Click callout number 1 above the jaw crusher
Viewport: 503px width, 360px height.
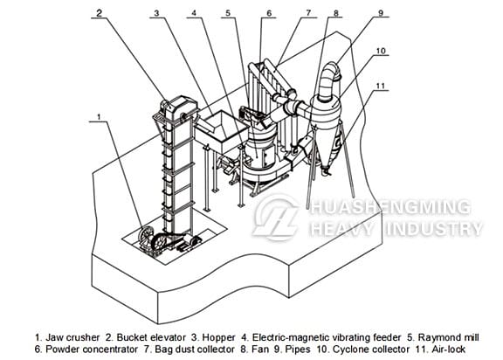click(x=100, y=117)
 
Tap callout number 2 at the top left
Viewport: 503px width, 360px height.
click(x=100, y=13)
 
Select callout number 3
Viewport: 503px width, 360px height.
click(x=156, y=13)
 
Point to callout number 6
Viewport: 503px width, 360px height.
click(x=269, y=13)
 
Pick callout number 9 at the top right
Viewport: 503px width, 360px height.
click(x=381, y=13)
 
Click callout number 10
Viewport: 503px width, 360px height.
click(x=381, y=51)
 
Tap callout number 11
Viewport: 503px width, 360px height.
click(x=380, y=86)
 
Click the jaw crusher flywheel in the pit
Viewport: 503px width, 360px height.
click(x=146, y=235)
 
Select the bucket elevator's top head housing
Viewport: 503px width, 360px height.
click(x=178, y=107)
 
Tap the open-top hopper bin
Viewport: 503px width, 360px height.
click(x=221, y=132)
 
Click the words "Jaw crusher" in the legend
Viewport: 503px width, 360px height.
click(x=72, y=337)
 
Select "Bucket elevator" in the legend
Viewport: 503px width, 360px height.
click(x=151, y=337)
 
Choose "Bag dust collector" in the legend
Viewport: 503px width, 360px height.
click(x=195, y=350)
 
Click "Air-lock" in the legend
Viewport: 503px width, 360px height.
click(x=449, y=350)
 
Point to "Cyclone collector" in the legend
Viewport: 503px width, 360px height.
click(x=371, y=350)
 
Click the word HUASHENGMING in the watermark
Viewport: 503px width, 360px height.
click(x=389, y=207)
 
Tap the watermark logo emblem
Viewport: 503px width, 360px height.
click(x=276, y=218)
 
